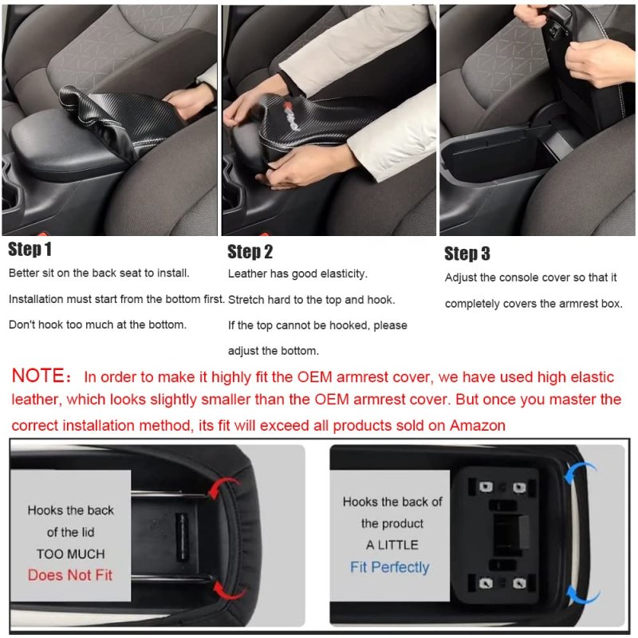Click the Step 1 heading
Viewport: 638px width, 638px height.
[x=30, y=249]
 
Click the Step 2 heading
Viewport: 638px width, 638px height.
[x=250, y=251]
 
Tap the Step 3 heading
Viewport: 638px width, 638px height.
[x=467, y=253]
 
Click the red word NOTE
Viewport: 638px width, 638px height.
[x=37, y=375]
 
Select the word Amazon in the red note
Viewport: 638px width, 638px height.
[x=477, y=426]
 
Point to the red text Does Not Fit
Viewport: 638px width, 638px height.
[x=70, y=575]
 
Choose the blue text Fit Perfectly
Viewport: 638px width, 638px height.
[x=389, y=567]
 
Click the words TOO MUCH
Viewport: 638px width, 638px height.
[x=71, y=553]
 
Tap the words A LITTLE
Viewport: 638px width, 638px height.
[x=392, y=545]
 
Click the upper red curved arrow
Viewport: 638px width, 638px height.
[x=222, y=483]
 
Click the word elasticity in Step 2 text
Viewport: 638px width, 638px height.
[x=344, y=274]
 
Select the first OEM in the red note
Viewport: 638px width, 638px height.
[x=314, y=377]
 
